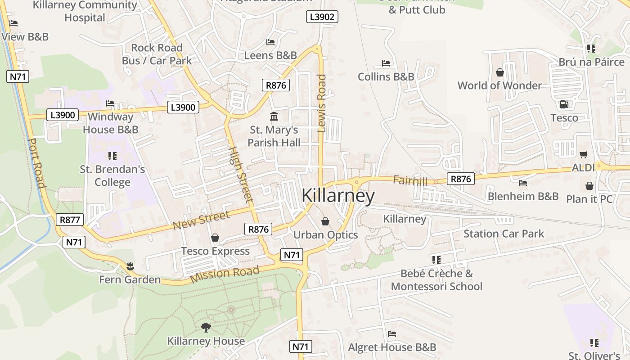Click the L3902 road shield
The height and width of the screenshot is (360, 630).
(322, 17)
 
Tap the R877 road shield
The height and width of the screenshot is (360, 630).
(70, 220)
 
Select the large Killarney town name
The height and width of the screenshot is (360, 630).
(338, 196)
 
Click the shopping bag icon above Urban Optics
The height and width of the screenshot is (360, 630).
(325, 221)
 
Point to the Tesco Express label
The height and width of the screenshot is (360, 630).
(215, 251)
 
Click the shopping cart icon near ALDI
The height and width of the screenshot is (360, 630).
(584, 154)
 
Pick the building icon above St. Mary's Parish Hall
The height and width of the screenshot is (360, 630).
(274, 117)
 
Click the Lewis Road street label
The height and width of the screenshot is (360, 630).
(321, 103)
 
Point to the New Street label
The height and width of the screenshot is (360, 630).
(201, 220)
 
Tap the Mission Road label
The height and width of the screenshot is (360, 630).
(225, 274)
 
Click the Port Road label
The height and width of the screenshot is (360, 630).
(36, 163)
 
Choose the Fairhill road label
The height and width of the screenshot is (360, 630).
(410, 181)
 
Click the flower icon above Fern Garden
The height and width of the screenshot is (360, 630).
(130, 266)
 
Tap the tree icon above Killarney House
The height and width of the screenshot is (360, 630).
(206, 327)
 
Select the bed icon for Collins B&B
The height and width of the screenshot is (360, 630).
(386, 63)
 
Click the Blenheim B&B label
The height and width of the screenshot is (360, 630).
(523, 196)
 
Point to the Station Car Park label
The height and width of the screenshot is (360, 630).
(504, 234)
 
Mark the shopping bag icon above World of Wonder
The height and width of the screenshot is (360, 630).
(499, 72)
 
